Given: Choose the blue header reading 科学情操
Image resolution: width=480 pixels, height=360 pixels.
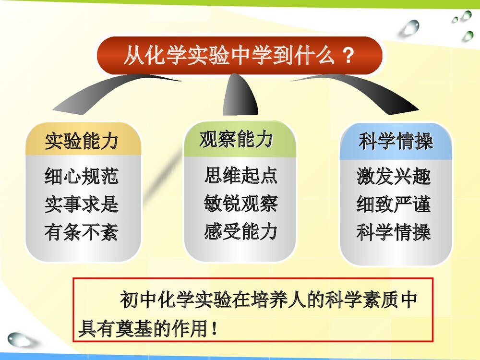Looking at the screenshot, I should (x=396, y=141).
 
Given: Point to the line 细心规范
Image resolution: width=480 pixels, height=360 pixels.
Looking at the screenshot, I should (x=82, y=176).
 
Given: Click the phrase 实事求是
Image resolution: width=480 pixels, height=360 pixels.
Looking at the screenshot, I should (x=82, y=204).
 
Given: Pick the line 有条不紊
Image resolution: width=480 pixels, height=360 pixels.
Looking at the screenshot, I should (x=82, y=233).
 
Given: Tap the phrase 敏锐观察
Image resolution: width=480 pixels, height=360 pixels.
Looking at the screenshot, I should (x=240, y=204).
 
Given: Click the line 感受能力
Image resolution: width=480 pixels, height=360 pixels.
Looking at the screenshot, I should (x=240, y=232).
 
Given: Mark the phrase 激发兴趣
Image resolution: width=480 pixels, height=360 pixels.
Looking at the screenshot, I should (x=394, y=176).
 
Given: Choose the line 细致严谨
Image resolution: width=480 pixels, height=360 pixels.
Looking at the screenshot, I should (x=394, y=204).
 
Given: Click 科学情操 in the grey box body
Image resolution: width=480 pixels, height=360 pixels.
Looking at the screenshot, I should (x=394, y=233).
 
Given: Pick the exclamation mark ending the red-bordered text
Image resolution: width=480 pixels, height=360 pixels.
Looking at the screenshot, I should (x=214, y=330).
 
